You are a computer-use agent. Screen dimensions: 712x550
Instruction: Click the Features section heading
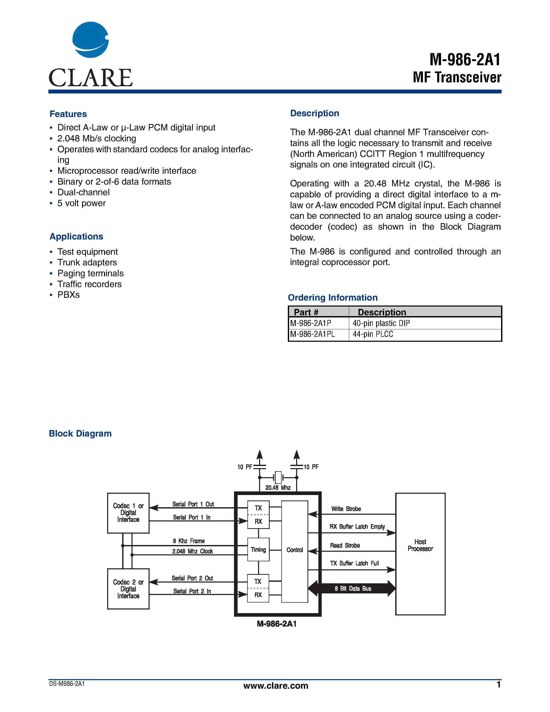click(x=68, y=114)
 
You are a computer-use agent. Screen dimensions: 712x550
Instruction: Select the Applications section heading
click(x=76, y=237)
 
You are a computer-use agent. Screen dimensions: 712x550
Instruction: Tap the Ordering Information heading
click(x=333, y=298)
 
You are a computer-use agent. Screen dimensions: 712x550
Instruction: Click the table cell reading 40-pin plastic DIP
click(x=381, y=323)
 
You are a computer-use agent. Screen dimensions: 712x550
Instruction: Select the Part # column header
click(x=306, y=312)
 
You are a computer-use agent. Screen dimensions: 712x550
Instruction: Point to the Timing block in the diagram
click(x=258, y=550)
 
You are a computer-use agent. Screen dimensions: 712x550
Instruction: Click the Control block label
click(x=295, y=550)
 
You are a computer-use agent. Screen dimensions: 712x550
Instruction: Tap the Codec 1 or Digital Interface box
click(x=128, y=513)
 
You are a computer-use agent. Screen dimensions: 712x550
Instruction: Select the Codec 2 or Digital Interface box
click(x=128, y=589)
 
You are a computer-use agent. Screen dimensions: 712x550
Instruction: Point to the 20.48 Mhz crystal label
click(x=278, y=488)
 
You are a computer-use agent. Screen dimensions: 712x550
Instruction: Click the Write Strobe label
click(x=346, y=509)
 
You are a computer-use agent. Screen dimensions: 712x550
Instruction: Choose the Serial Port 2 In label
click(x=192, y=591)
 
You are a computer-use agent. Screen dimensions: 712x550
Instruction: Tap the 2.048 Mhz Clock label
click(x=193, y=551)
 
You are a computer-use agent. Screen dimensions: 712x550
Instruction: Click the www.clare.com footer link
click(x=276, y=686)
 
